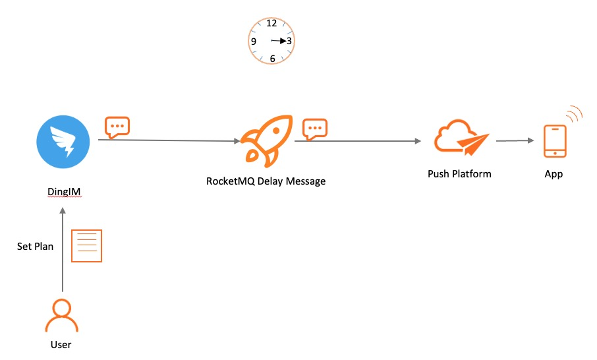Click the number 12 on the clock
271,23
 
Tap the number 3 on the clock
289,41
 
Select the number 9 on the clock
254,41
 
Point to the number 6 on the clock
272,59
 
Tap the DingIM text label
63,192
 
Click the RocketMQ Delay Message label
266,181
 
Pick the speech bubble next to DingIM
117,127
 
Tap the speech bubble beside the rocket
315,129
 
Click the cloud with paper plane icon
461,138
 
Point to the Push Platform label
459,174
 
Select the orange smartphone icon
555,140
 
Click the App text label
554,175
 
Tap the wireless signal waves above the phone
574,113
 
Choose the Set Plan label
35,246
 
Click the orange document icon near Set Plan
86,246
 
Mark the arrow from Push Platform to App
515,140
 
